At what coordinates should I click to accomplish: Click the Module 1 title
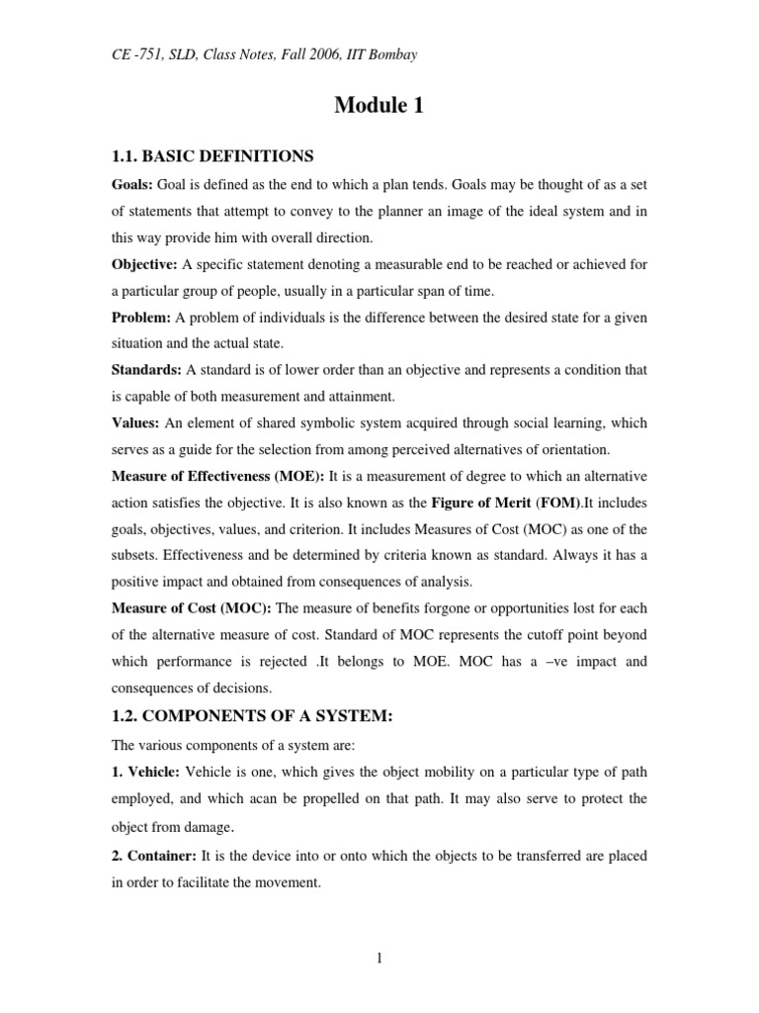[x=379, y=106]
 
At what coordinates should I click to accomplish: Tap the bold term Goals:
[x=132, y=185]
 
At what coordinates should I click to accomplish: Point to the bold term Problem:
[x=141, y=318]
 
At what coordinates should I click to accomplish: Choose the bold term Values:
[x=134, y=422]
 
